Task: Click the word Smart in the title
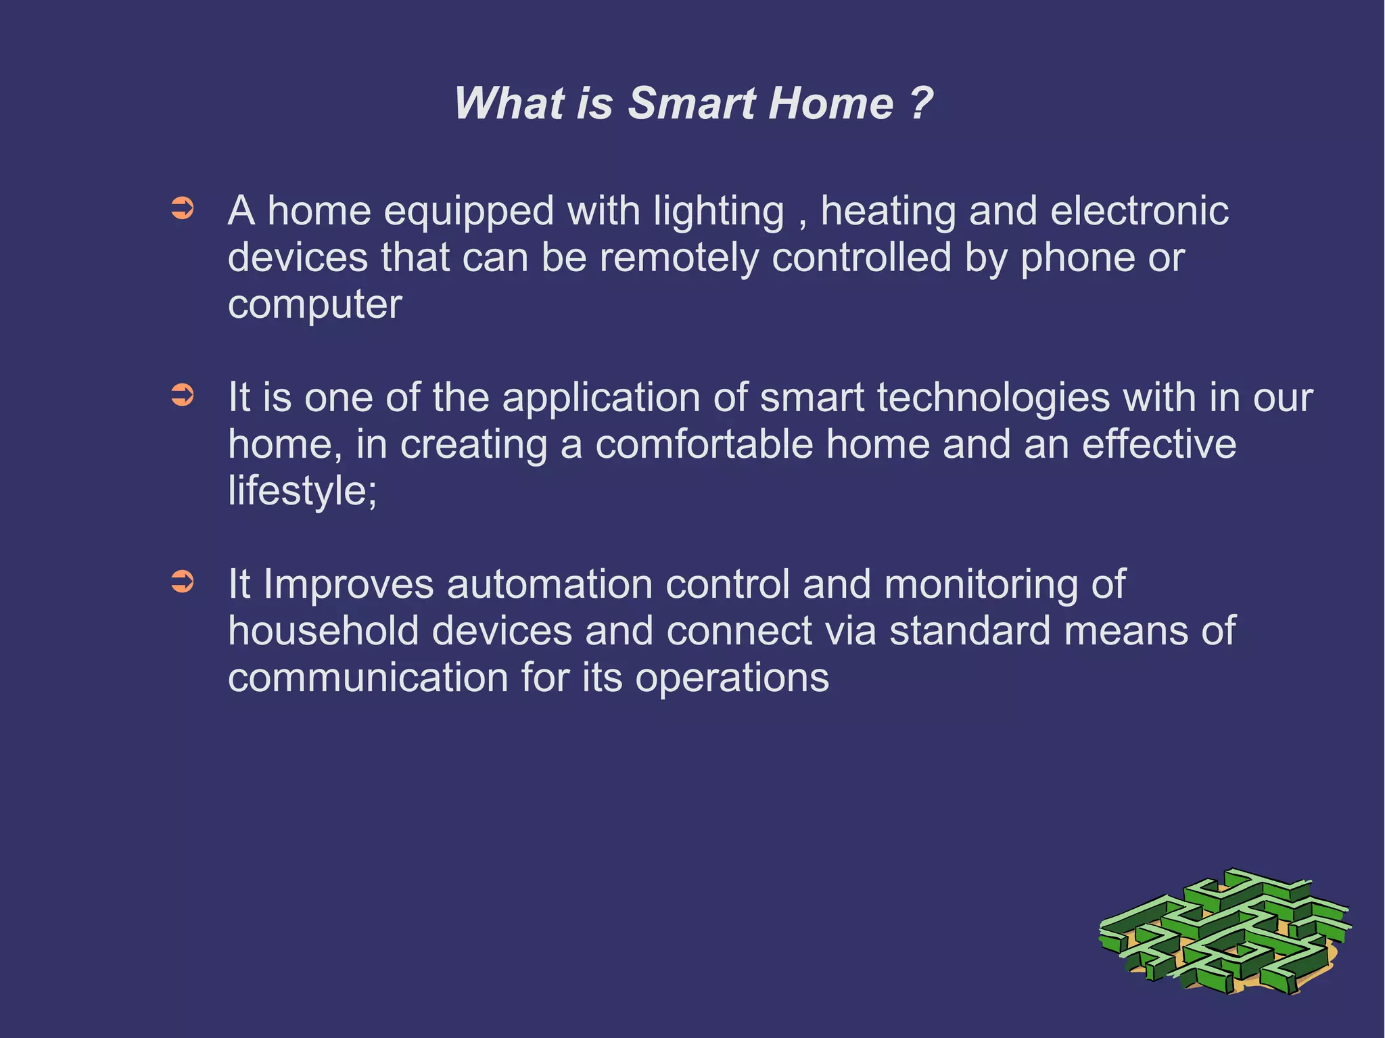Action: [691, 104]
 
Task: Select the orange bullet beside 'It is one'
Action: [183, 395]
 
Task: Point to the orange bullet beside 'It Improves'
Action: [183, 581]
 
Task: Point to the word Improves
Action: [348, 585]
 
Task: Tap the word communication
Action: [368, 678]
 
